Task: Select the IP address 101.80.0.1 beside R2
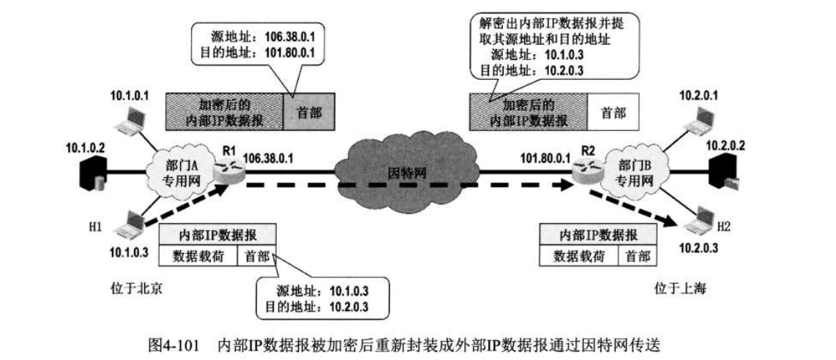[545, 157]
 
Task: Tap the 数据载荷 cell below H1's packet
[198, 256]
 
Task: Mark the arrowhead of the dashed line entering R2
[568, 187]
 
